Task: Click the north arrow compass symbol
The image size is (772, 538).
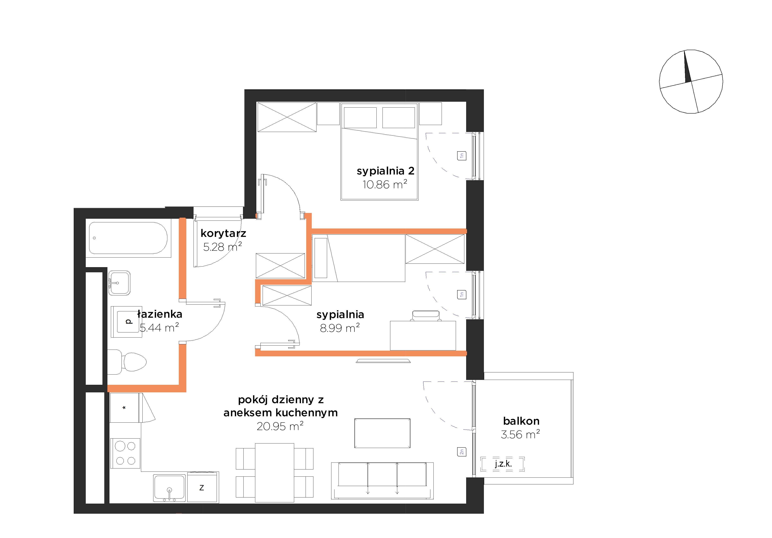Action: tap(691, 82)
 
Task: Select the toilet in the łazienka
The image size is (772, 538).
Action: tap(127, 362)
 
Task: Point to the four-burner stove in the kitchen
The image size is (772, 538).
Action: tap(125, 453)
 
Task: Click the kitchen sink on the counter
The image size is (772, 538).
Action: tap(169, 488)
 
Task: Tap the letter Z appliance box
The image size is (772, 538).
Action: tap(202, 487)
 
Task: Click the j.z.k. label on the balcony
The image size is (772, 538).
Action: tap(503, 464)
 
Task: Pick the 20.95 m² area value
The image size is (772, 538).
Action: tap(280, 426)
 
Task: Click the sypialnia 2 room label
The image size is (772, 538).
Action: tap(385, 171)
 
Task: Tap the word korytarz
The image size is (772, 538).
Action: tap(223, 233)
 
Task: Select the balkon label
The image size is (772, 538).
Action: tap(521, 421)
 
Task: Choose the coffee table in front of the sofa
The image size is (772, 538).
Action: tap(382, 433)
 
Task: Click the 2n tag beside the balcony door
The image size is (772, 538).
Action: tap(462, 452)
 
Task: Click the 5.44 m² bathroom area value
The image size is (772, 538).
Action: tap(159, 328)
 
